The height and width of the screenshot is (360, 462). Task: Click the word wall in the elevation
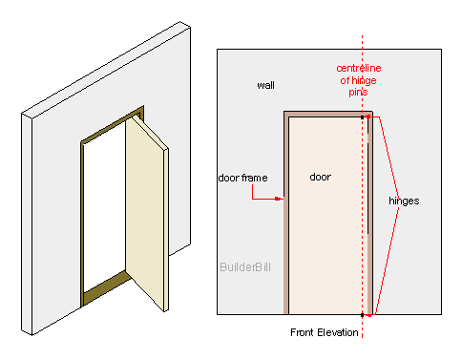click(x=266, y=85)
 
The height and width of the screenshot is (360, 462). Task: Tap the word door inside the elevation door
click(x=321, y=177)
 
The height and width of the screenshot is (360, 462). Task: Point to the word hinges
click(x=405, y=201)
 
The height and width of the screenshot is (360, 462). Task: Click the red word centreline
click(x=360, y=69)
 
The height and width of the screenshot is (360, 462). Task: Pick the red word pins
click(x=359, y=93)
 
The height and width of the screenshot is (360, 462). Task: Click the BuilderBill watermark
click(x=245, y=267)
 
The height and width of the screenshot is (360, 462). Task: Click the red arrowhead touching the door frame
click(x=281, y=200)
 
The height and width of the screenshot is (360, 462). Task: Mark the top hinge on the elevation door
click(x=371, y=117)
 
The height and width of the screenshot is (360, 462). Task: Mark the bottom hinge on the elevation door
click(x=370, y=311)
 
